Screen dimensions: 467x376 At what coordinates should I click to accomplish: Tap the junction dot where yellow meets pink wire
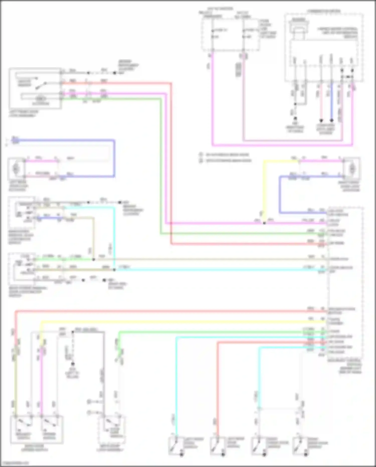(x=264, y=223)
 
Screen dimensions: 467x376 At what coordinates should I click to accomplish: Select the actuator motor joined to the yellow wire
(x=352, y=169)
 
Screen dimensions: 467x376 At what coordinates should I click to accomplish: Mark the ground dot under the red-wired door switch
(x=223, y=454)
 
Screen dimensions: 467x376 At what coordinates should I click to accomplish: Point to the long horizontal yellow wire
(x=183, y=321)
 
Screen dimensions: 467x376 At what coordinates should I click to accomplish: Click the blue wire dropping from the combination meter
(x=331, y=100)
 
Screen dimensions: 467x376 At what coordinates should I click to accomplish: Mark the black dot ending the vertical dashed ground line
(x=73, y=364)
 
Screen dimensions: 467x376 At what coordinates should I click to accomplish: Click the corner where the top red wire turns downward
(x=171, y=83)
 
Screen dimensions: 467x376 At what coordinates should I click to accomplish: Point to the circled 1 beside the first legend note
(x=201, y=155)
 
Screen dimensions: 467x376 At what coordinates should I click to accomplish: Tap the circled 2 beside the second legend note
(x=201, y=161)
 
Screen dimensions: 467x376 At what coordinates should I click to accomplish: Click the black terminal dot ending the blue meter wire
(x=331, y=120)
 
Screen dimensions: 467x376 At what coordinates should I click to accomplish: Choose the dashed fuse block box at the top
(x=231, y=35)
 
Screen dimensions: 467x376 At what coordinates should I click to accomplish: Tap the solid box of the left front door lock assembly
(x=35, y=88)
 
